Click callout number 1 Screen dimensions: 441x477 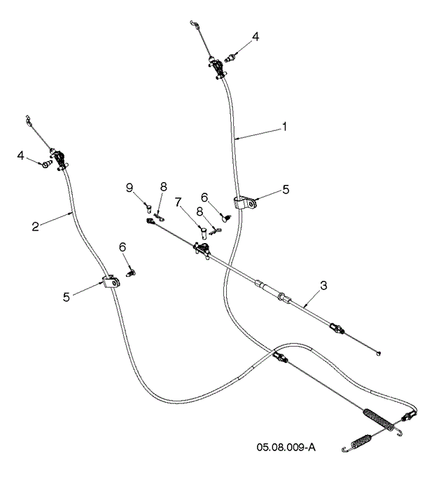(285, 127)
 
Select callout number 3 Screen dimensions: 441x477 (323, 285)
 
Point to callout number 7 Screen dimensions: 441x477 (179, 202)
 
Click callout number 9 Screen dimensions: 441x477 (129, 187)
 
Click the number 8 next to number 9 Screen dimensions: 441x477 (163, 187)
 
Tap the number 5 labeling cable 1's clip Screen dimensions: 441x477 (285, 190)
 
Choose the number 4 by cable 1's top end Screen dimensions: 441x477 (255, 38)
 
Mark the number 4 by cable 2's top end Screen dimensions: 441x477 (19, 155)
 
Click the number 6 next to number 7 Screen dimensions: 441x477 (204, 198)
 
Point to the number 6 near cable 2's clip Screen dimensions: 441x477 (122, 247)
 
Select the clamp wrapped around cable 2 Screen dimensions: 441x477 (111, 282)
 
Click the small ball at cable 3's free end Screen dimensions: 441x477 (379, 352)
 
